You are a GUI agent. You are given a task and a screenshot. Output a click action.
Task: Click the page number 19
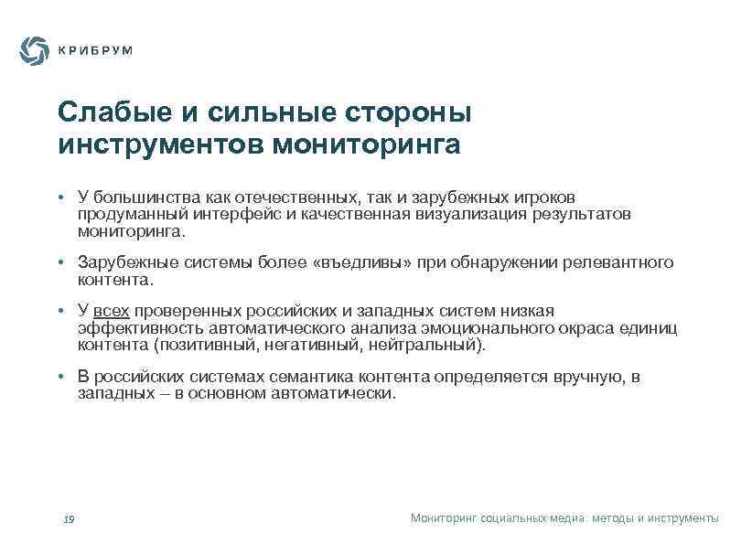tap(68, 519)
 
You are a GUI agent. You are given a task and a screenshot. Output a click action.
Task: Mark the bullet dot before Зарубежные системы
tap(59, 263)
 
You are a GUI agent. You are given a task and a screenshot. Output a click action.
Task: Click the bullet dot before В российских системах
tap(59, 378)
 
